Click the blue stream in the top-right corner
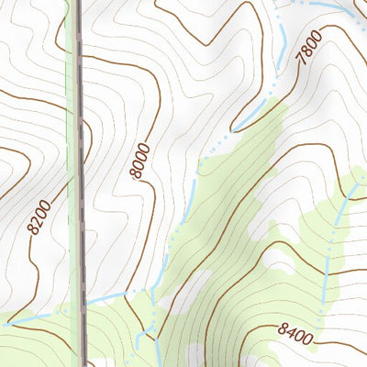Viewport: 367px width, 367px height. click(x=330, y=6)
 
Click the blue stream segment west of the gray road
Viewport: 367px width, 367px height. click(x=37, y=316)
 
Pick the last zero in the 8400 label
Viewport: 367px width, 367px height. click(x=308, y=340)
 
